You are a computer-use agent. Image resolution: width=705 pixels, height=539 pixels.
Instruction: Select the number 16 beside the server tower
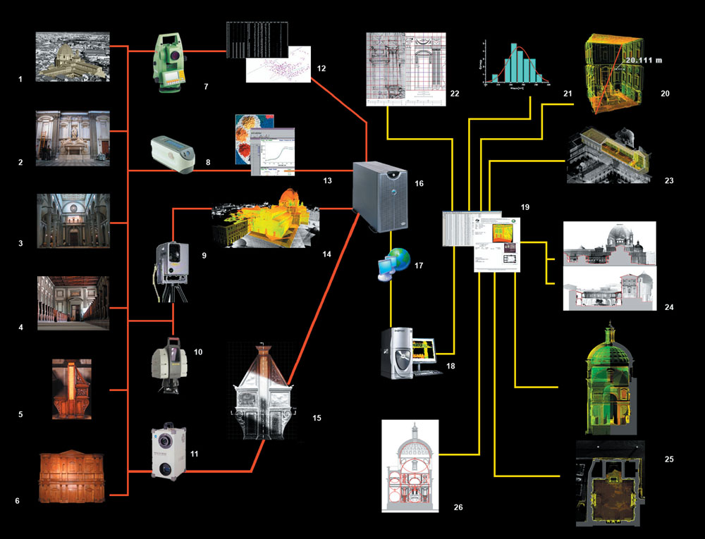(x=419, y=183)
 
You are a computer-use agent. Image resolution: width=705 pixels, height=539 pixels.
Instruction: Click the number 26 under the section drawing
(x=458, y=507)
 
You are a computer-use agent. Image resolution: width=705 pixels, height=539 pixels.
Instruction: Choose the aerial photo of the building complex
(x=73, y=56)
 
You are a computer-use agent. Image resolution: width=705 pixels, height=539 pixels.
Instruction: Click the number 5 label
(x=20, y=414)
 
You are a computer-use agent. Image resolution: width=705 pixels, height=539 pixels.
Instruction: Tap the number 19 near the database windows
(x=525, y=208)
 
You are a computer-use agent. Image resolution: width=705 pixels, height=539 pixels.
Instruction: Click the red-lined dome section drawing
(x=410, y=465)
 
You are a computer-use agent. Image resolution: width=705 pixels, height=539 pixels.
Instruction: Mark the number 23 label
(x=668, y=181)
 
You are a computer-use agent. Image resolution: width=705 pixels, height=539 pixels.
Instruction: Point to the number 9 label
(x=204, y=254)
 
